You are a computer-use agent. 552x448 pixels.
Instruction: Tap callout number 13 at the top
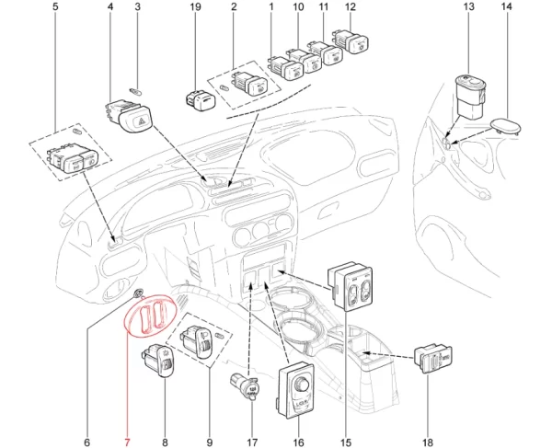[467, 7]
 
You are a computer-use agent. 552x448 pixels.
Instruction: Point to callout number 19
[194, 7]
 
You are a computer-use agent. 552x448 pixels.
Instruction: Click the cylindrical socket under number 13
[471, 97]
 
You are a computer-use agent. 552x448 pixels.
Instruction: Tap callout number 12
[349, 7]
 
